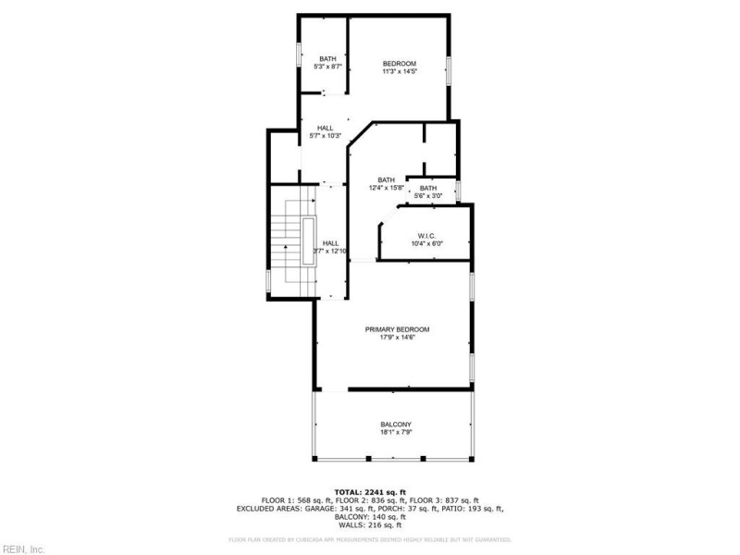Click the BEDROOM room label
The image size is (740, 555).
point(401,63)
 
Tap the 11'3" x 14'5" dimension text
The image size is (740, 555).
point(401,71)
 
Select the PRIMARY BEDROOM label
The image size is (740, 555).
point(397,329)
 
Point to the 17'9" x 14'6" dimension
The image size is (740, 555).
point(397,338)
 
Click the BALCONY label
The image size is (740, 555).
point(396,425)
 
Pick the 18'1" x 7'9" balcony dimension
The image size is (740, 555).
point(396,433)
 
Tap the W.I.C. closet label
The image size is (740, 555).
point(427,236)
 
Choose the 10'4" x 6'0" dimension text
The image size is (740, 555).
point(427,244)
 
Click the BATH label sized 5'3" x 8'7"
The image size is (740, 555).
point(328,58)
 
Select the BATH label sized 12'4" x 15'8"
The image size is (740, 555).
point(386,179)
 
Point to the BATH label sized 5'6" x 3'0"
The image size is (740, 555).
point(427,188)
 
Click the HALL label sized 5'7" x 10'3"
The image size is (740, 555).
point(326,128)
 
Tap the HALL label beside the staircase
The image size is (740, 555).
point(330,242)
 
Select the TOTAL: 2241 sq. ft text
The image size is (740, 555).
point(370,492)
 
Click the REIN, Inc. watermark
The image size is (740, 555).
point(23,548)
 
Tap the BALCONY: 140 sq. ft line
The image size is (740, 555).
point(370,516)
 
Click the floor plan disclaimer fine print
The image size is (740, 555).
point(370,539)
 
